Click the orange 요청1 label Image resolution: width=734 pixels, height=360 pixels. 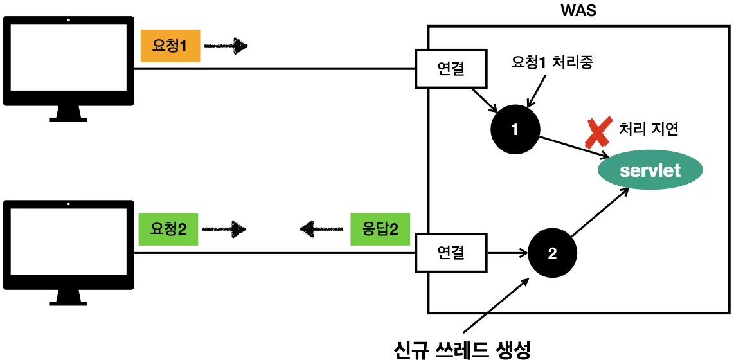pos(170,46)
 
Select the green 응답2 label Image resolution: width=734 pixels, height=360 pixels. pos(380,228)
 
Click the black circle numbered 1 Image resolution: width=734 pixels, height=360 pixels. pos(514,129)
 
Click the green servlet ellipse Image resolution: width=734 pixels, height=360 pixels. pos(650,170)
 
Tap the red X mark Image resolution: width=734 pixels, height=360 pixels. pos(597,133)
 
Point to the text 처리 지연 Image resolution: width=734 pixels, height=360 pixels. pos(649,129)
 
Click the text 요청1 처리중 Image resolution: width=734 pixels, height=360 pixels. pos(551,64)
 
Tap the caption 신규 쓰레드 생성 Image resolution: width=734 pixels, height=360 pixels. pos(462,350)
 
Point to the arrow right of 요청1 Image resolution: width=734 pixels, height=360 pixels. pos(226,46)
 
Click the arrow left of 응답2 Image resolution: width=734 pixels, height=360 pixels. pos(321,228)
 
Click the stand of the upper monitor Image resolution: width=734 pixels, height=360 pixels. pos(69,114)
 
